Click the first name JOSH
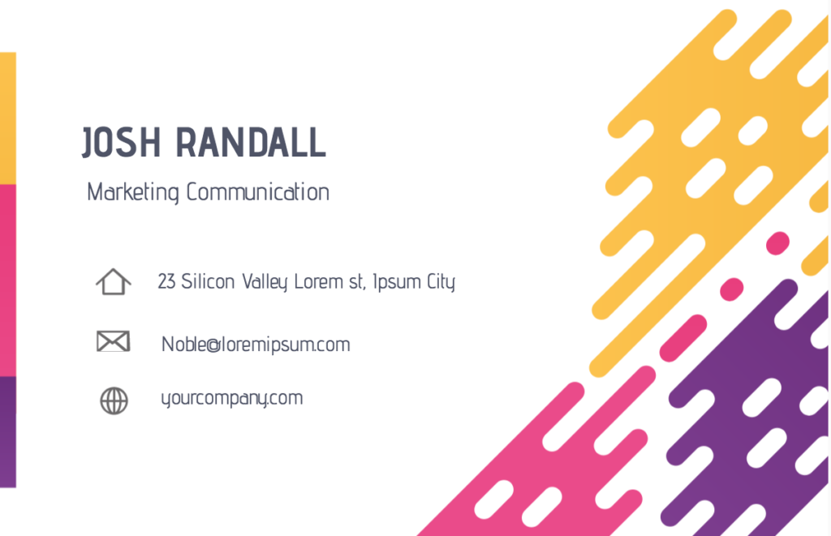[x=121, y=142]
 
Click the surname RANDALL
[x=251, y=142]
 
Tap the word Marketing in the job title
[x=133, y=192]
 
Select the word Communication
[x=257, y=191]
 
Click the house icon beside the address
[x=114, y=281]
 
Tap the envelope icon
[x=114, y=341]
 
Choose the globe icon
[x=114, y=401]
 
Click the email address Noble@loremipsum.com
[x=256, y=345]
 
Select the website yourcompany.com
[x=231, y=398]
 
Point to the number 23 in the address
[x=166, y=281]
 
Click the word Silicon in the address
[x=208, y=281]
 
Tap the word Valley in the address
[x=265, y=282]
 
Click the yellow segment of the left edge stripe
[x=8, y=118]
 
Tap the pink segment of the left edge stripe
[x=8, y=281]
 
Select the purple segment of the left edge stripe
[x=8, y=431]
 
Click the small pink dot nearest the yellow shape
[x=777, y=243]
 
